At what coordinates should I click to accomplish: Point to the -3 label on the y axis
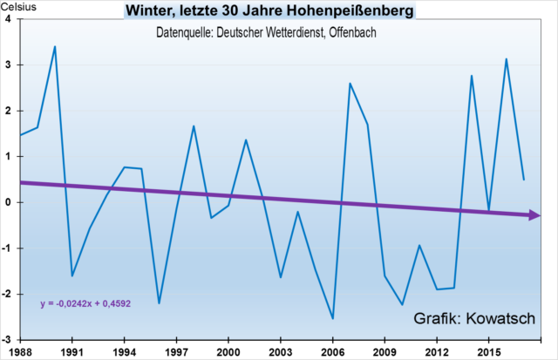point(7,339)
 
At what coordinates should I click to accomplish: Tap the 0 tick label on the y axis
point(8,202)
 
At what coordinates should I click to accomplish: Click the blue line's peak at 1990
point(55,46)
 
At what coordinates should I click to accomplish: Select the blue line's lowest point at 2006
point(332,318)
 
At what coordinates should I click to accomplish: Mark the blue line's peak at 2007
point(350,84)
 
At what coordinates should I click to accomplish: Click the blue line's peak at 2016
point(506,59)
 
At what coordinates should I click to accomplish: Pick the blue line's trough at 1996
point(159,303)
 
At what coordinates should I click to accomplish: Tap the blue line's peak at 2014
point(471,76)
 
